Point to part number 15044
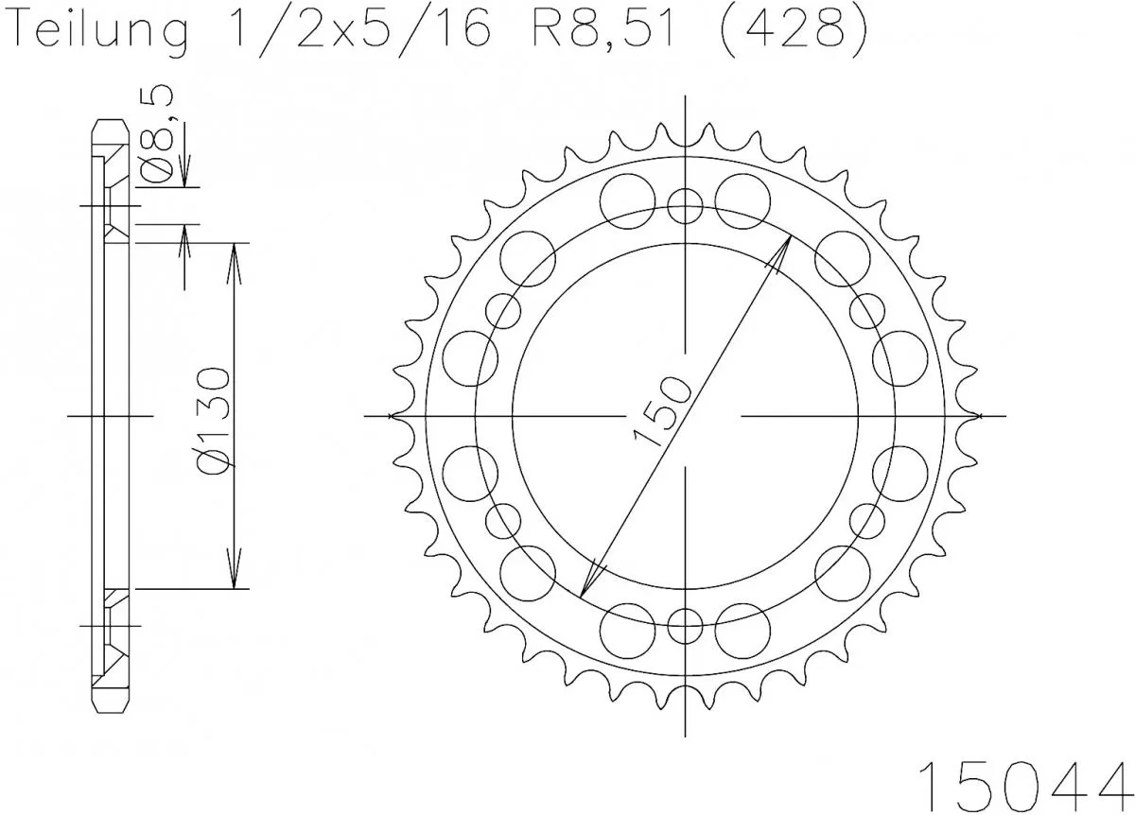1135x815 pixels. point(1026,781)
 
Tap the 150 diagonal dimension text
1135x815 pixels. point(662,409)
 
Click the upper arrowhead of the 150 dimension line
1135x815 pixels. point(782,252)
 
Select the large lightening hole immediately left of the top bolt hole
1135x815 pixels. point(628,198)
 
